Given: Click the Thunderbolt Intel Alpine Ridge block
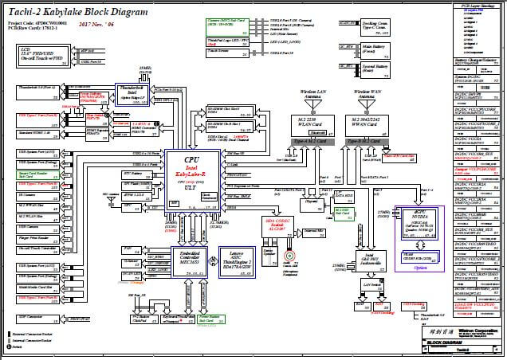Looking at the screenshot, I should coord(132,95).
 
